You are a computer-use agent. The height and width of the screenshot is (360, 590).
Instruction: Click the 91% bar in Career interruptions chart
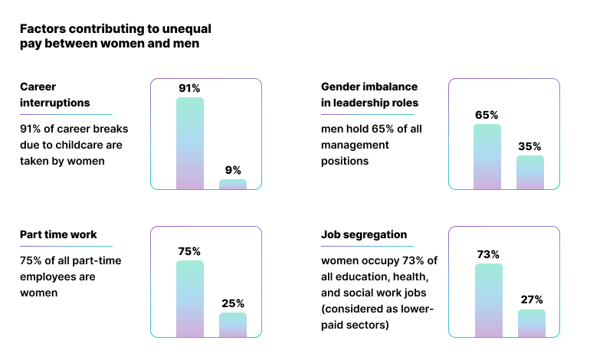coord(190,143)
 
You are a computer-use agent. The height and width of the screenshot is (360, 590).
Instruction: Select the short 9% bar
coord(233,185)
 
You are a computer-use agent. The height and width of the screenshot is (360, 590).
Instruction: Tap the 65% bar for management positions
coord(487,156)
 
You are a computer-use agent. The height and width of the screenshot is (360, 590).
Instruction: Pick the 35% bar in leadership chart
coord(530,172)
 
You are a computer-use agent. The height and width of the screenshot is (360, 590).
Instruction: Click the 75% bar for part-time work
coord(190,299)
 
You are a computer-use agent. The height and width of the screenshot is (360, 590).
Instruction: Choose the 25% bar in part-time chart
coord(233,325)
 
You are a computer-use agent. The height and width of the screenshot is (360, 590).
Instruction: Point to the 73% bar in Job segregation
coord(489,300)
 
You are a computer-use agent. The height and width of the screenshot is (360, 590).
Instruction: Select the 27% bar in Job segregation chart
coord(532,323)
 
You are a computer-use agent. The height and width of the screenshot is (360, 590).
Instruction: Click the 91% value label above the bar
coord(190,88)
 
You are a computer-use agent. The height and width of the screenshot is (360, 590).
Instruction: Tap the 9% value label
coord(233,170)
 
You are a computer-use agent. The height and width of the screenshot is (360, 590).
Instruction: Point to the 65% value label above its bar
coord(487,115)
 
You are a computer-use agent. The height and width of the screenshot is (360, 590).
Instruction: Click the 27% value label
coord(532,299)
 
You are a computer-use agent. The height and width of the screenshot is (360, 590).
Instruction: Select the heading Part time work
coord(58,234)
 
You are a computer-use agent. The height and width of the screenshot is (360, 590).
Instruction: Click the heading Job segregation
coord(364,234)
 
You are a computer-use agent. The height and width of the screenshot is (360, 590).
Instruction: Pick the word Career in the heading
coord(38,87)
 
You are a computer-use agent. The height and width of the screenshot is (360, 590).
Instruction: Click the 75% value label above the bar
coord(190,251)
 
